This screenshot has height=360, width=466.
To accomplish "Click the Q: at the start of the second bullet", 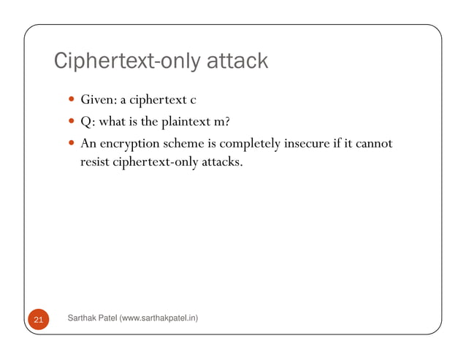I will (87, 121).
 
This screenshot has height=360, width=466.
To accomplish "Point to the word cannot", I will (375, 143).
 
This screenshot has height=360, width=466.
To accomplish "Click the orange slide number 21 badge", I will (38, 319).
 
